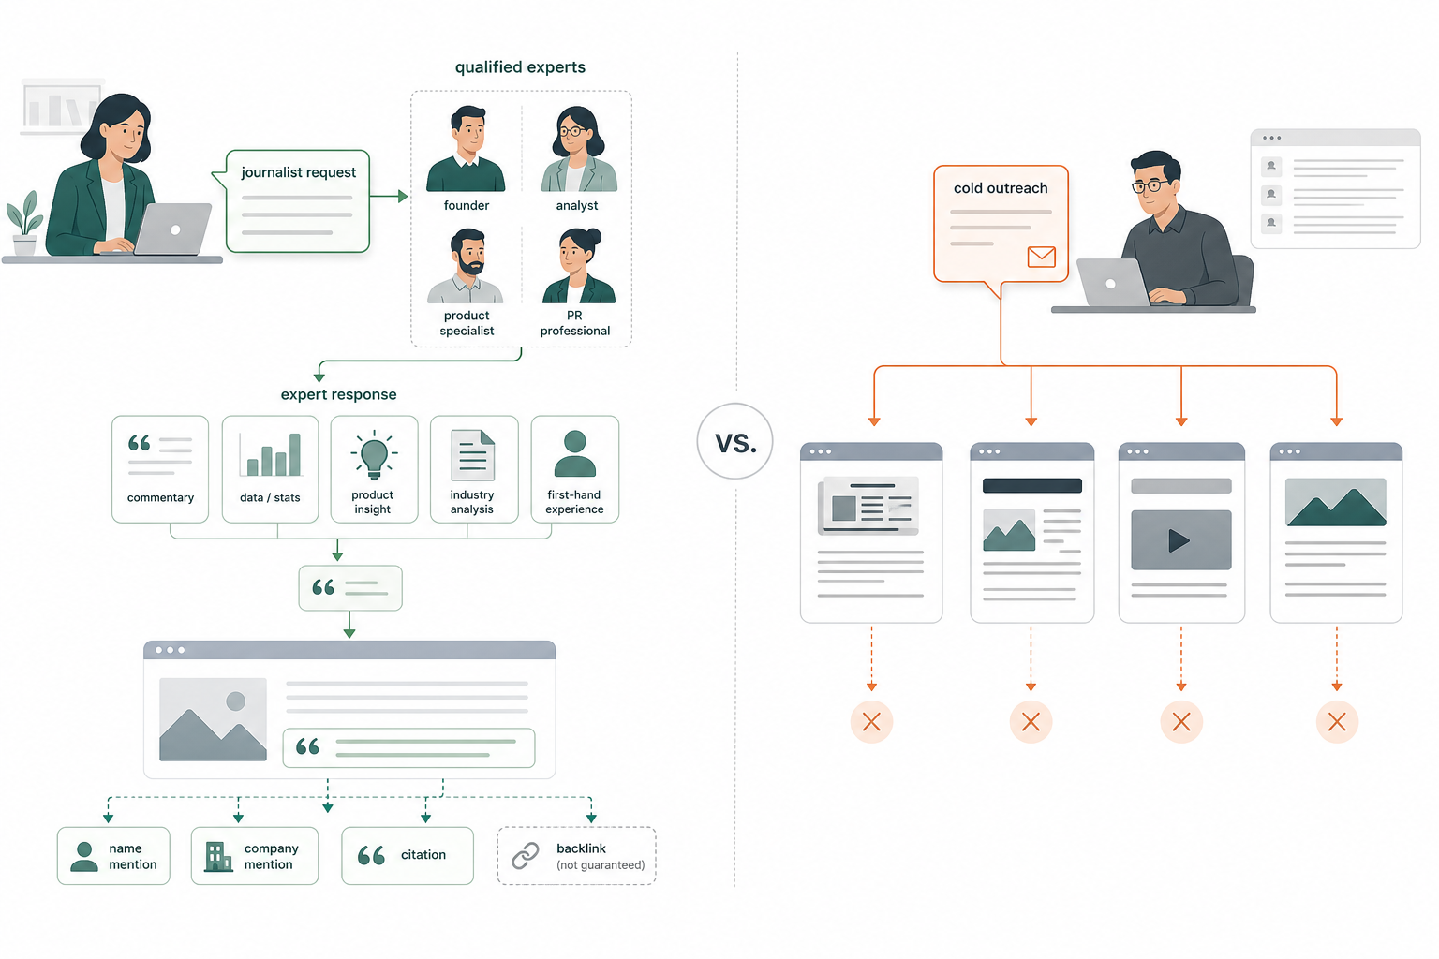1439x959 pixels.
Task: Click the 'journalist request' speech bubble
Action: click(x=297, y=201)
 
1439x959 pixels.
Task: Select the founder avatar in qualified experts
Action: click(x=466, y=149)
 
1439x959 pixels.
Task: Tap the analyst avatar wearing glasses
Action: click(x=578, y=149)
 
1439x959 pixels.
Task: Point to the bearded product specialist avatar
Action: click(x=466, y=266)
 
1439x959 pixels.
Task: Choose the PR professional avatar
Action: click(x=578, y=266)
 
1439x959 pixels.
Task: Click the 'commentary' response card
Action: click(x=160, y=469)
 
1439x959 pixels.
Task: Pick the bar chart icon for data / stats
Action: click(x=271, y=455)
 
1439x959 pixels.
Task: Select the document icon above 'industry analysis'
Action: click(x=473, y=455)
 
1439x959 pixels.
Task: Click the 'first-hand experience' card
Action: click(x=575, y=469)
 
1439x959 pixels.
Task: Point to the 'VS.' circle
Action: click(x=734, y=441)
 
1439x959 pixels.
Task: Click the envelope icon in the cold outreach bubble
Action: click(x=1042, y=257)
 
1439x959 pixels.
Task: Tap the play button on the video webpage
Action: click(x=1179, y=540)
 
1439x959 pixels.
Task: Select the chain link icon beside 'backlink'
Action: click(x=526, y=856)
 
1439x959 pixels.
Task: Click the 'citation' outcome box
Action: click(x=408, y=856)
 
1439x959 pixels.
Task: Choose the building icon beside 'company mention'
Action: click(x=218, y=856)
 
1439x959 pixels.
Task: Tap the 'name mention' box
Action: click(x=113, y=856)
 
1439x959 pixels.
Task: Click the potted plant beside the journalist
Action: click(x=24, y=223)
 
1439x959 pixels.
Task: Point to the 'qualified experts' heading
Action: click(x=520, y=67)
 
